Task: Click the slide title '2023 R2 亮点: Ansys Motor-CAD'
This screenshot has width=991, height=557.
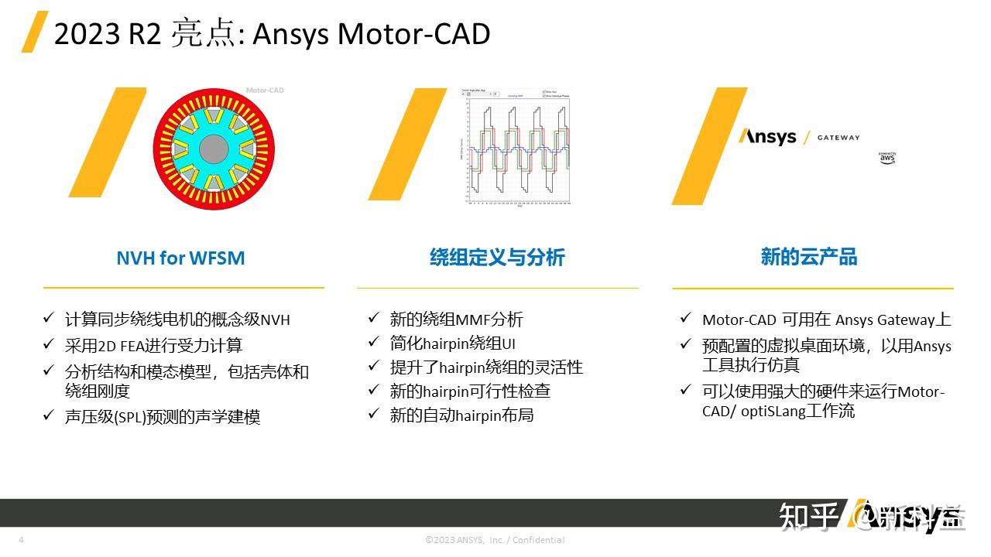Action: [x=272, y=34]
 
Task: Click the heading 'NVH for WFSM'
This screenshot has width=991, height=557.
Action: [x=180, y=258]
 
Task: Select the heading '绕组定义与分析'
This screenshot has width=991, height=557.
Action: [x=497, y=258]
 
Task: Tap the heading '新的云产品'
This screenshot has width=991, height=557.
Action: [x=809, y=258]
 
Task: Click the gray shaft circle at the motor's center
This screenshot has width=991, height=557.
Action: [x=214, y=149]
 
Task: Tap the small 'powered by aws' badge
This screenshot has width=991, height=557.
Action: [x=887, y=158]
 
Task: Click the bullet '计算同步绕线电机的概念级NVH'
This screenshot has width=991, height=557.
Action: [x=177, y=320]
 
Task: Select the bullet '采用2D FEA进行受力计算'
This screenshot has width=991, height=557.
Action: [x=153, y=346]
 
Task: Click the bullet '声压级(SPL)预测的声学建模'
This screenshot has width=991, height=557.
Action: [x=163, y=417]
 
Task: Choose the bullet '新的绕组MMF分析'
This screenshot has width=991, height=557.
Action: [x=456, y=319]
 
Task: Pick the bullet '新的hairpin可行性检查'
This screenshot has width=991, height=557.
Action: [x=470, y=391]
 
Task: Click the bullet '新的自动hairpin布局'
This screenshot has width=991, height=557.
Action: [x=461, y=415]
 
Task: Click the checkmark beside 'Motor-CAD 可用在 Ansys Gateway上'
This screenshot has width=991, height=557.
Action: [x=685, y=319]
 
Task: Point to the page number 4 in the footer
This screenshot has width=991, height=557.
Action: [x=21, y=540]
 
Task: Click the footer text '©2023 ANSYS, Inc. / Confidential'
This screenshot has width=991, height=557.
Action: [x=495, y=540]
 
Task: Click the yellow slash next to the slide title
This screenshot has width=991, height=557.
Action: [x=34, y=32]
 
